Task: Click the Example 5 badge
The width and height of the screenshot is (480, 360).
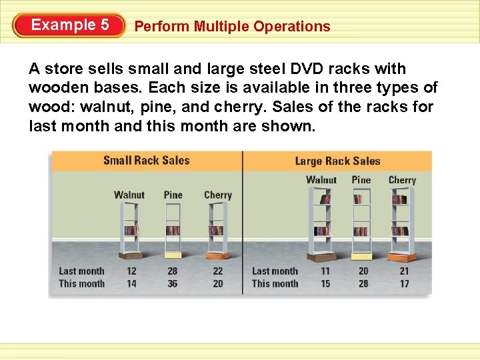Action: (x=69, y=25)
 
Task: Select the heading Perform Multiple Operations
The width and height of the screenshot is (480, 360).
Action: (x=232, y=27)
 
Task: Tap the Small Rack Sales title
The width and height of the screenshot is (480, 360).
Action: (x=146, y=161)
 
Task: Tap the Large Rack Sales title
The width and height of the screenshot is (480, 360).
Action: (x=337, y=161)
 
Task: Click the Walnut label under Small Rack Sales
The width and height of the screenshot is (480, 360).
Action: (x=129, y=195)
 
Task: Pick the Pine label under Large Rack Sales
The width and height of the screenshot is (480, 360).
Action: (x=361, y=180)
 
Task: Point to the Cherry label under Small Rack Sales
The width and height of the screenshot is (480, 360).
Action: (x=217, y=195)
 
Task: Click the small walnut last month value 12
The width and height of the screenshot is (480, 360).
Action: (x=131, y=271)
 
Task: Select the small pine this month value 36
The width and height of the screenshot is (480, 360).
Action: (x=173, y=284)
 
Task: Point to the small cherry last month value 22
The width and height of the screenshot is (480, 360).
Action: (x=217, y=271)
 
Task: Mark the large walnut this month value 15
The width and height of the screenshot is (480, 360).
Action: (x=325, y=284)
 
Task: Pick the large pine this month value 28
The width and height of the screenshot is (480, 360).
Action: (x=363, y=284)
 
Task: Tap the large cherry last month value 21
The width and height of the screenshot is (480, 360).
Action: (x=404, y=271)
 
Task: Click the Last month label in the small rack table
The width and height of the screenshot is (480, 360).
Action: (x=81, y=271)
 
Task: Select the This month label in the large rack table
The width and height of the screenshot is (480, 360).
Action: (x=275, y=284)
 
